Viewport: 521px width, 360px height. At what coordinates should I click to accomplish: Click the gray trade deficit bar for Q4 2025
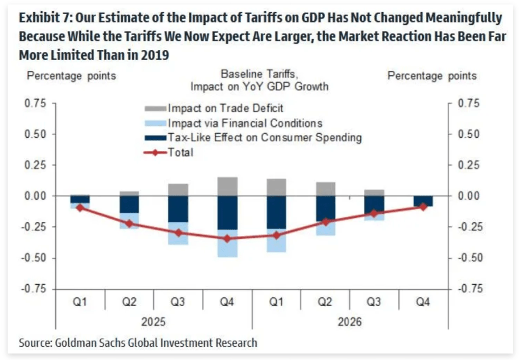pos(227,187)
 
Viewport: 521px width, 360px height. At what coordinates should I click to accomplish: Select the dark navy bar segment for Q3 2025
pos(178,209)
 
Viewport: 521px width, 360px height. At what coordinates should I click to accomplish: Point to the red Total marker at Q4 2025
pos(227,238)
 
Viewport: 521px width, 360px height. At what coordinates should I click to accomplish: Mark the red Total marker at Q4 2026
pos(423,207)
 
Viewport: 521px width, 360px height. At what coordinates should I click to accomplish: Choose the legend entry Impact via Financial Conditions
pos(245,123)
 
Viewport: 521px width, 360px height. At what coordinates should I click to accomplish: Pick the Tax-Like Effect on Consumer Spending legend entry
pos(265,137)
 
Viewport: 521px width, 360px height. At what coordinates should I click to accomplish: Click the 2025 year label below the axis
pos(153,322)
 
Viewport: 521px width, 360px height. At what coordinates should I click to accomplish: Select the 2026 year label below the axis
pos(350,322)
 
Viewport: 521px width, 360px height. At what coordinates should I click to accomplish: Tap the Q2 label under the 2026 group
pos(325,302)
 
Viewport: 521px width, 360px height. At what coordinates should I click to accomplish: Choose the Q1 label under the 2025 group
pos(79,302)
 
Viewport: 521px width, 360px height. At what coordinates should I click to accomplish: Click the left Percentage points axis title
pos(71,76)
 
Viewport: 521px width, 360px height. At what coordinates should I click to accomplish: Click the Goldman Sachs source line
pos(138,343)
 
